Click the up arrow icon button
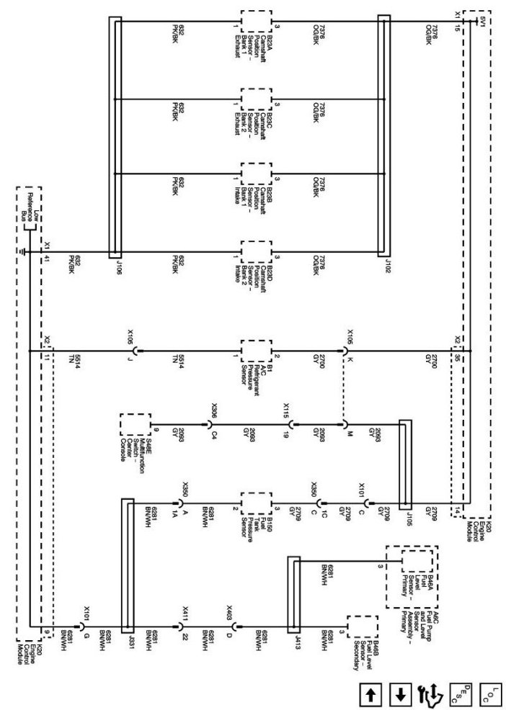point(371,694)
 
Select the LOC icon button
point(489,694)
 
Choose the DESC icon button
point(460,694)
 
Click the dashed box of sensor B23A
point(256,21)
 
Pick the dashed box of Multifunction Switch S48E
point(136,424)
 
